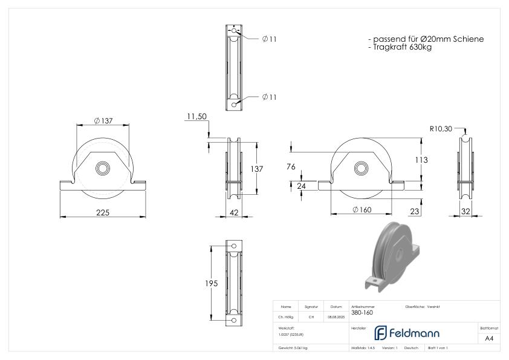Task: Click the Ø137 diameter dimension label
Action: pos(103,121)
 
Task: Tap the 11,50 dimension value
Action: pos(197,116)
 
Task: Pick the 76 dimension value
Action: pos(291,167)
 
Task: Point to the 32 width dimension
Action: pos(465,212)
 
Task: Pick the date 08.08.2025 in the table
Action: pos(336,316)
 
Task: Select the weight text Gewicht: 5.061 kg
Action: pos(293,348)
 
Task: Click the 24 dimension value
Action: pos(301,186)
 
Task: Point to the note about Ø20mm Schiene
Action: pos(426,39)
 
